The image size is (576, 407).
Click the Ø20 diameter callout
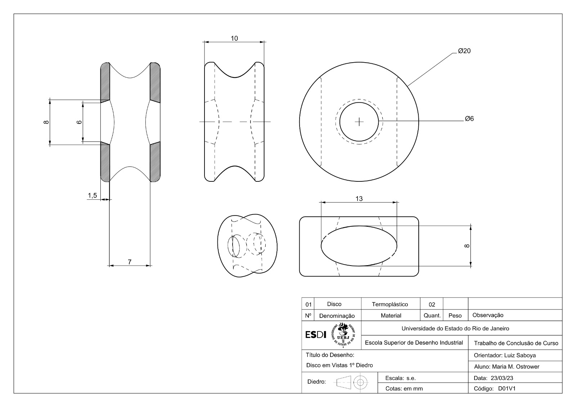(x=464, y=51)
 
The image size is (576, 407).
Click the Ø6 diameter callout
(x=469, y=118)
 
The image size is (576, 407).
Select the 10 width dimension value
(x=234, y=38)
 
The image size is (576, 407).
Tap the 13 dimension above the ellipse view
(x=359, y=199)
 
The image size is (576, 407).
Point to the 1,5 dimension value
(x=92, y=196)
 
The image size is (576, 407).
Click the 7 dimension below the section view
(x=130, y=262)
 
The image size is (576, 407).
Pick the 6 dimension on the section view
(x=79, y=122)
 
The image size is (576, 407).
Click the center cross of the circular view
(x=359, y=122)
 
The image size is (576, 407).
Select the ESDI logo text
(x=315, y=335)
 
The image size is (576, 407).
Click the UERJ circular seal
(x=343, y=335)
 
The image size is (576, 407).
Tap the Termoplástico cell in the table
(x=390, y=304)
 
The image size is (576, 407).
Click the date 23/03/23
(x=502, y=378)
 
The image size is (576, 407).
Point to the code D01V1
(x=507, y=389)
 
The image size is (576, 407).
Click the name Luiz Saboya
(x=520, y=355)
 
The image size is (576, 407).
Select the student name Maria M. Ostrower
(x=516, y=367)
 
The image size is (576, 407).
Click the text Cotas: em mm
(x=404, y=389)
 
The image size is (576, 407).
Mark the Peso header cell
(x=455, y=316)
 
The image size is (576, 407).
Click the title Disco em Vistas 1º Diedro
(x=339, y=365)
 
